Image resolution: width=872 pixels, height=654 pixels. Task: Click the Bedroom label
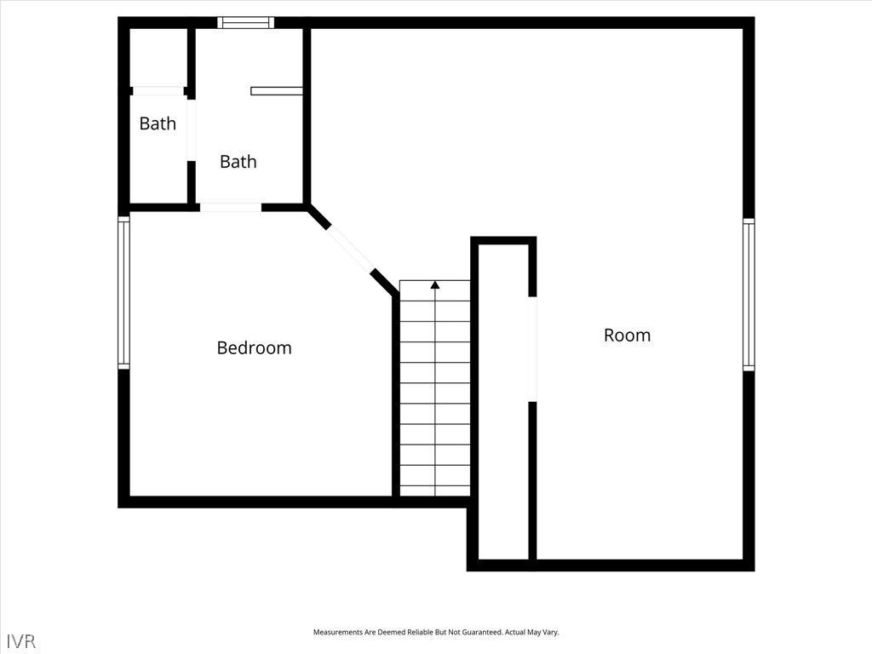[254, 347]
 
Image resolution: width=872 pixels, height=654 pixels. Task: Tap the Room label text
[627, 336]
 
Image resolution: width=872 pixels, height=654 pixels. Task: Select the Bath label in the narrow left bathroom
[158, 123]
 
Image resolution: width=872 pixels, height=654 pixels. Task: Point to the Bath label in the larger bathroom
[238, 162]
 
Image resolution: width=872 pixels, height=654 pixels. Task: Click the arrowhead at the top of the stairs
[435, 284]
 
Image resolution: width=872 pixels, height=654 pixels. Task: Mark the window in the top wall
[245, 23]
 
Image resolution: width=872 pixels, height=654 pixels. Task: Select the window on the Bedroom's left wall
[124, 292]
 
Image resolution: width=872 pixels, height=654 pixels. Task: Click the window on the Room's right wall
[749, 294]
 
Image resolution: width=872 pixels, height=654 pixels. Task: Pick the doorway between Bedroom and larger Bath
[230, 207]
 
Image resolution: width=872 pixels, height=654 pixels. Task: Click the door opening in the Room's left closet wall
[532, 349]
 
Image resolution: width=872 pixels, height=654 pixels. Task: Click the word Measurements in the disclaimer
[341, 633]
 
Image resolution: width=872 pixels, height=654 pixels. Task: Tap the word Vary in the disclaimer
[549, 633]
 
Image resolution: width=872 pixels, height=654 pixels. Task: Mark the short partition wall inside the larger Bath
[276, 90]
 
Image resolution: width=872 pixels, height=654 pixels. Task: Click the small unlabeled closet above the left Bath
[158, 57]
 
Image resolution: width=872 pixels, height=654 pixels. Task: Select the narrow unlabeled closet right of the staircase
[503, 400]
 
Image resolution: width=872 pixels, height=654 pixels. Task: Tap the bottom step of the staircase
[435, 490]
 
